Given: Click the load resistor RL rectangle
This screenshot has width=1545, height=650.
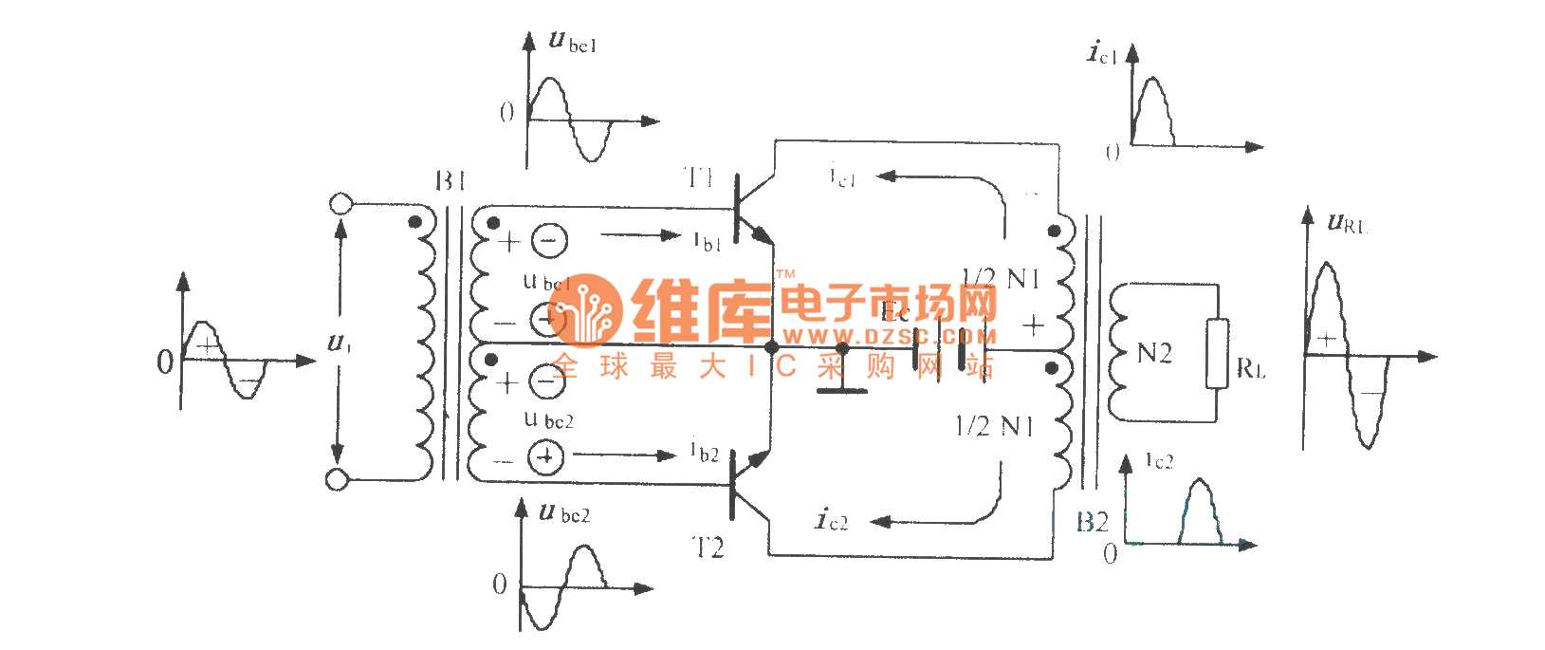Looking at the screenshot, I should tap(1217, 353).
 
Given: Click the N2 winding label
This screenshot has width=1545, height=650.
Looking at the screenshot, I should tap(1154, 354).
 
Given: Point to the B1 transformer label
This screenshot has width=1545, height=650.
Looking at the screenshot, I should tap(451, 180).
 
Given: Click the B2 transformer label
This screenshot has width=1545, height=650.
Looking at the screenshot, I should tap(1093, 522).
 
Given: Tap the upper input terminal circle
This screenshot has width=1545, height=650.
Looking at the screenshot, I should tap(340, 204).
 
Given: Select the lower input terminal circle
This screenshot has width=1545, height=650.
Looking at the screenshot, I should tap(337, 479).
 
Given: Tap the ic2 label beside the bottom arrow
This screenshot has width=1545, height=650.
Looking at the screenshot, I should tap(832, 519).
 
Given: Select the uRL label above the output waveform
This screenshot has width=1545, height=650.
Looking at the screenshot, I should tap(1347, 224).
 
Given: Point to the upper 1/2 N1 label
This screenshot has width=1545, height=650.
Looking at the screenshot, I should tap(1001, 279).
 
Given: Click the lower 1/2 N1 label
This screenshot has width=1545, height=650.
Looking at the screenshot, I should tap(994, 427).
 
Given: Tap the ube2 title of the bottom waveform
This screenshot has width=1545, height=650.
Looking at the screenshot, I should tap(564, 513).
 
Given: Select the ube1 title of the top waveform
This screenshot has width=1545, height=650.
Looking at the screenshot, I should tap(573, 42).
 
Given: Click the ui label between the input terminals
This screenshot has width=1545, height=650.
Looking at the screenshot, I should tap(339, 343).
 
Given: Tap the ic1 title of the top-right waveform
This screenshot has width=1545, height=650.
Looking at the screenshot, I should tap(1101, 52).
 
